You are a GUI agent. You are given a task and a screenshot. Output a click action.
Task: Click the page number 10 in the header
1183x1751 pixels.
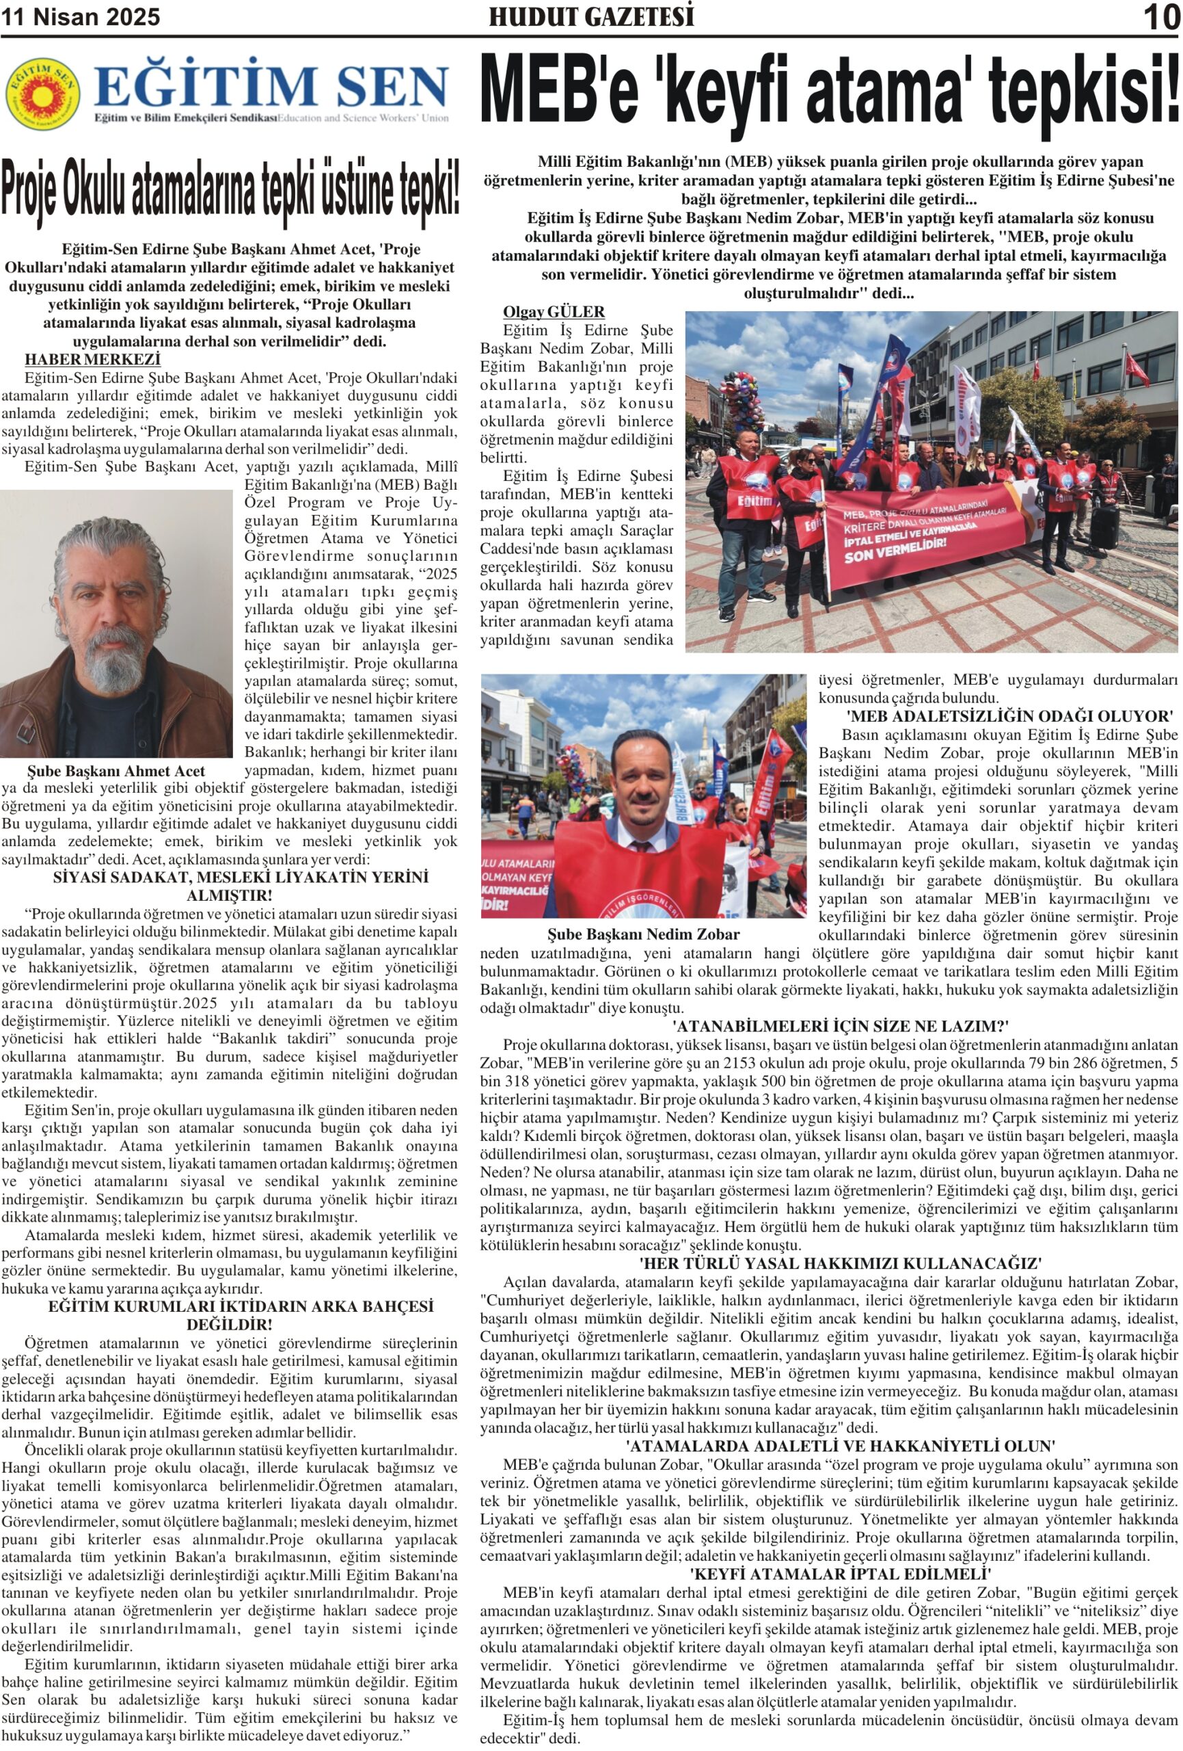click(x=1161, y=16)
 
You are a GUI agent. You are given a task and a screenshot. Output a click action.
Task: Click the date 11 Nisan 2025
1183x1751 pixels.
click(x=81, y=17)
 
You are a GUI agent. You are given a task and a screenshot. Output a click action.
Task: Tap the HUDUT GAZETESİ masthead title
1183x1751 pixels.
click(x=591, y=16)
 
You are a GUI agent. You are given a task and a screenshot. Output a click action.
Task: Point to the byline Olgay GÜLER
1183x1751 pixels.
click(x=554, y=312)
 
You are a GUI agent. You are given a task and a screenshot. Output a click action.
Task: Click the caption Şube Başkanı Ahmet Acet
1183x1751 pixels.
click(x=116, y=771)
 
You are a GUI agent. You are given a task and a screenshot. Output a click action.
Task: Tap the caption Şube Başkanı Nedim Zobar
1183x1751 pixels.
click(x=643, y=934)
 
